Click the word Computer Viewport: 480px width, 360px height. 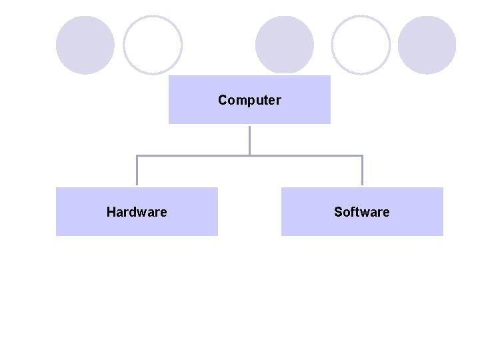click(249, 101)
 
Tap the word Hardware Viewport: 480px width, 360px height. click(137, 212)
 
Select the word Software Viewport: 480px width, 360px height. click(362, 212)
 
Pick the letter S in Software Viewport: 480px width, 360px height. click(338, 212)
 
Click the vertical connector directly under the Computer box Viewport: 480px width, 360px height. click(249, 139)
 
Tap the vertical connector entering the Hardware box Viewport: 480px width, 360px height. click(137, 171)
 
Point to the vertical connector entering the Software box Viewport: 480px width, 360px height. click(362, 171)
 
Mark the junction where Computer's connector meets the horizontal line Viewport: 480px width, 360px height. click(249, 155)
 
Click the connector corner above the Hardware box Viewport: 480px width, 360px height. click(137, 155)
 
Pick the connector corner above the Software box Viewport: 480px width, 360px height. click(362, 155)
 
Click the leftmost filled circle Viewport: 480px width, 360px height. click(85, 45)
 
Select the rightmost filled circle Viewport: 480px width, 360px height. click(427, 45)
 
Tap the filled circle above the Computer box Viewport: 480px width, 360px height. click(285, 45)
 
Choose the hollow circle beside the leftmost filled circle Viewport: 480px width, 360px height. click(153, 45)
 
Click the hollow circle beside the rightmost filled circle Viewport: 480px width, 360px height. click(361, 45)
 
